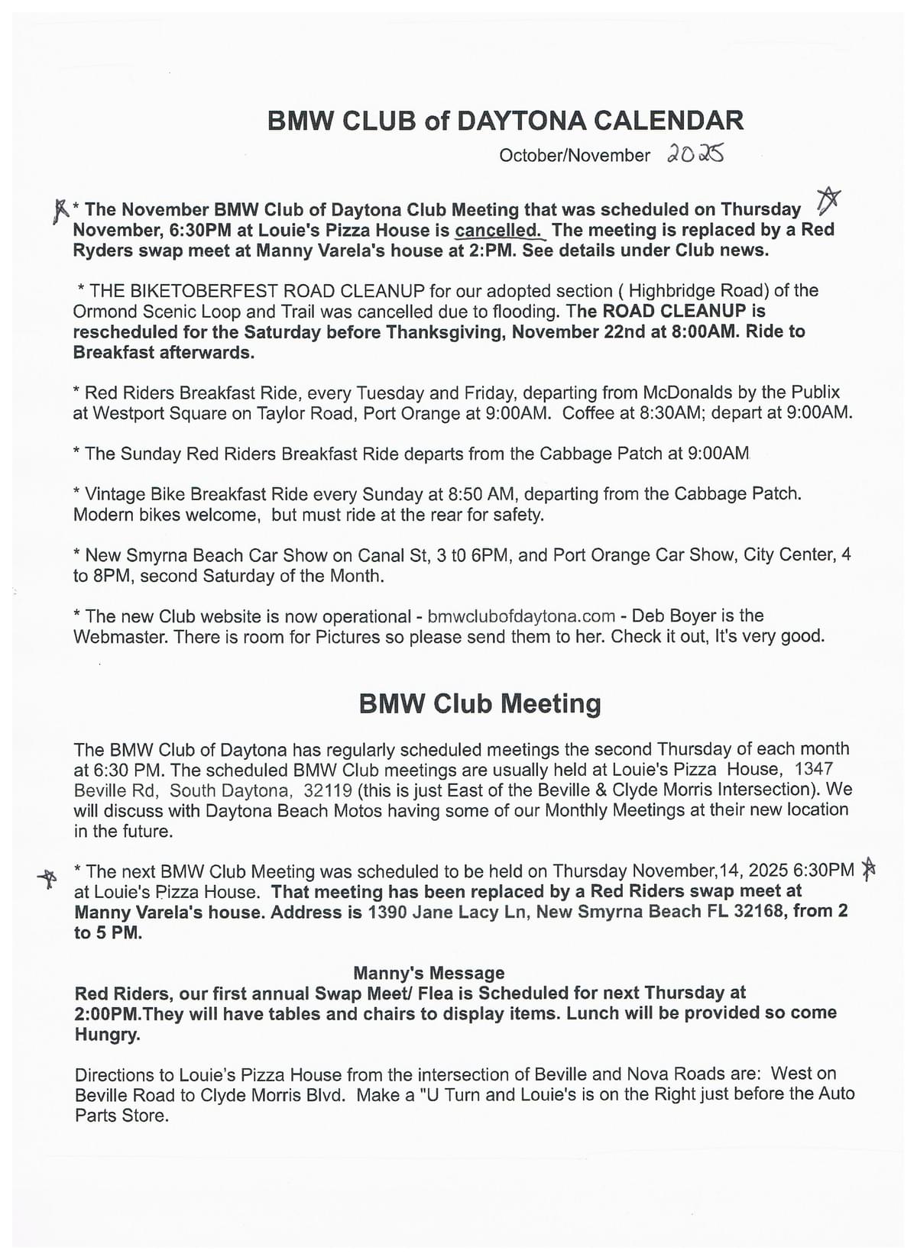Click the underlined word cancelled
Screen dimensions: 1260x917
(x=498, y=231)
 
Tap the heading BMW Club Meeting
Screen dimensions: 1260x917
(x=480, y=703)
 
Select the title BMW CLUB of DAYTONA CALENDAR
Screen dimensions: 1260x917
(x=505, y=121)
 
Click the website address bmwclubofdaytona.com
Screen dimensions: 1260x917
(x=521, y=616)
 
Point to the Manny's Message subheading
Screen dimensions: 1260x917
(x=429, y=973)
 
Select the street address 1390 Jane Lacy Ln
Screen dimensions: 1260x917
(x=447, y=912)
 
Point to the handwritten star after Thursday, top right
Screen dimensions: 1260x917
(x=828, y=199)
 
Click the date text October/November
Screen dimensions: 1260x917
(x=574, y=156)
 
